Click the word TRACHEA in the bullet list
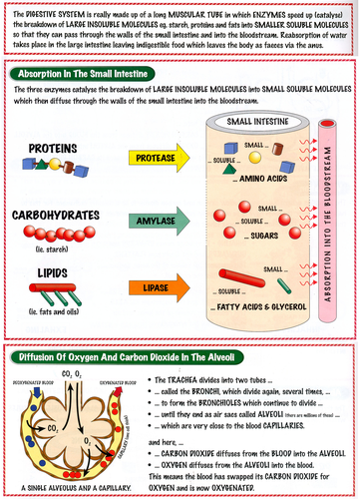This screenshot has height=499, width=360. (189, 380)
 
